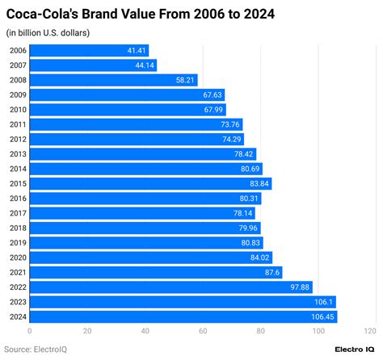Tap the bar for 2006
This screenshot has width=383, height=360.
coord(89,51)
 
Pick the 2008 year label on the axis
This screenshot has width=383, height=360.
coord(17,80)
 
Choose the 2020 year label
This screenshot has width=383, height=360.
coord(17,257)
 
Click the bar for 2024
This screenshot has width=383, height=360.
coord(183,316)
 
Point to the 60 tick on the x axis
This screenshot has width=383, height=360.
coord(202,331)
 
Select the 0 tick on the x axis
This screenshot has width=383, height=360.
coord(30,331)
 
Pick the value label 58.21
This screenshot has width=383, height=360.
coord(185,80)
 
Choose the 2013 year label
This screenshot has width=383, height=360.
coord(17,154)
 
